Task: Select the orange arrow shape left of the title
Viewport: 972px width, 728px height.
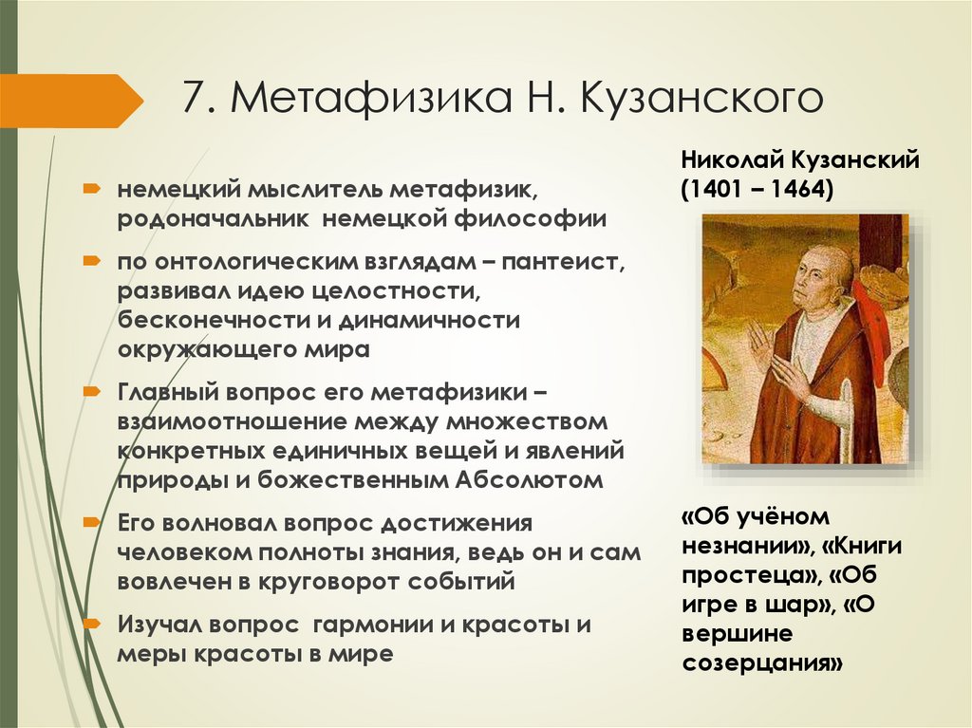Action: [71, 101]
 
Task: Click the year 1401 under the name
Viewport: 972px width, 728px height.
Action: [717, 189]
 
